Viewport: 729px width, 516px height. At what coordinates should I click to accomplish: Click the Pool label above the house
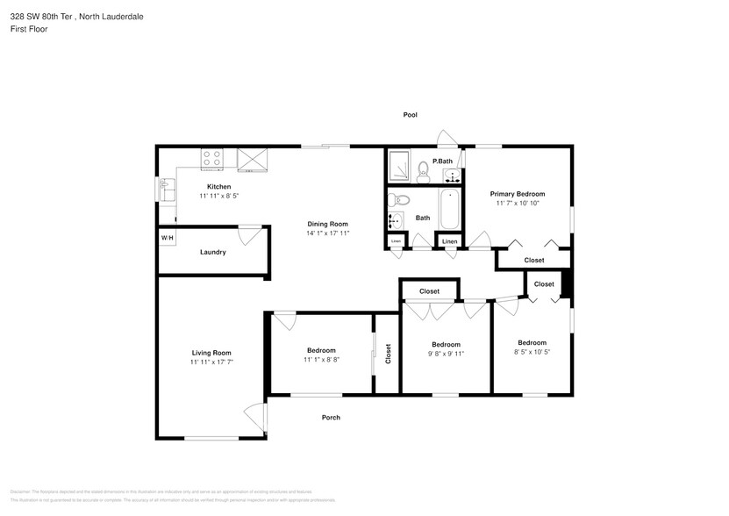[x=410, y=115]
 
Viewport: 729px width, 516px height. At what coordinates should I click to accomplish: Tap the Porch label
[x=330, y=417]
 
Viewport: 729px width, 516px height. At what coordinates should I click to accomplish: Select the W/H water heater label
[x=166, y=238]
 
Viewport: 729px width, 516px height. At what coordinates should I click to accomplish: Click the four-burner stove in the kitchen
[x=212, y=159]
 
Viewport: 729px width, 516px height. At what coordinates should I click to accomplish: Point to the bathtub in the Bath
[x=449, y=210]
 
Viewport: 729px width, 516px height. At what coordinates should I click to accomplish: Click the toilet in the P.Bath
[x=423, y=167]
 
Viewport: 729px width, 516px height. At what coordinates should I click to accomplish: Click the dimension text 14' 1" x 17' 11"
[x=328, y=233]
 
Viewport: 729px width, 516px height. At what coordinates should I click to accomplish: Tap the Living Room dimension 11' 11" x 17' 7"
[x=211, y=362]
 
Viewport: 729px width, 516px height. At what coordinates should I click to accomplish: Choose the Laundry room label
[x=212, y=252]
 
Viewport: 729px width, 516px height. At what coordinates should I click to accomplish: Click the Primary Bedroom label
[x=518, y=194]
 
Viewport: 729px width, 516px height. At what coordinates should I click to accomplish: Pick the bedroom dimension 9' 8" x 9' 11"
[x=446, y=354]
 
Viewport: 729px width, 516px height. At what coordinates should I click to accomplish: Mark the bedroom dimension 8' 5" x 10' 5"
[x=532, y=352]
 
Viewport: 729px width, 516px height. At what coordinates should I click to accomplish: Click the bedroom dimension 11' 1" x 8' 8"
[x=321, y=359]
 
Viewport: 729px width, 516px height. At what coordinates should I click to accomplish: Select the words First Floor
[x=29, y=29]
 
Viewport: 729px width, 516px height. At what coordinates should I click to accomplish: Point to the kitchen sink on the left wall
[x=167, y=187]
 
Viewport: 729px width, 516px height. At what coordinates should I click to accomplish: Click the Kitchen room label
[x=218, y=187]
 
